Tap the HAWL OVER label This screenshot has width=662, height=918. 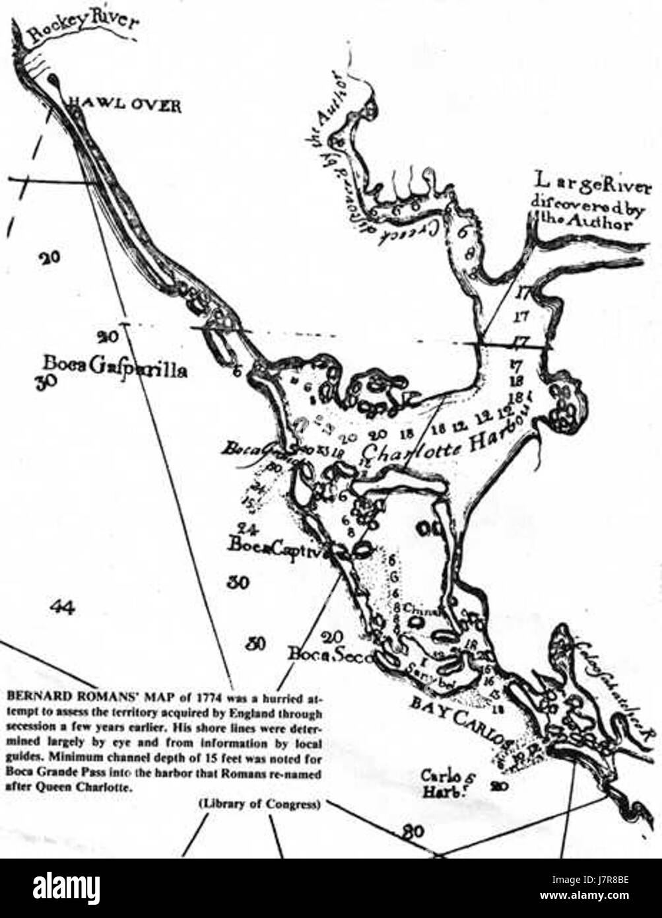pyautogui.click(x=126, y=106)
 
